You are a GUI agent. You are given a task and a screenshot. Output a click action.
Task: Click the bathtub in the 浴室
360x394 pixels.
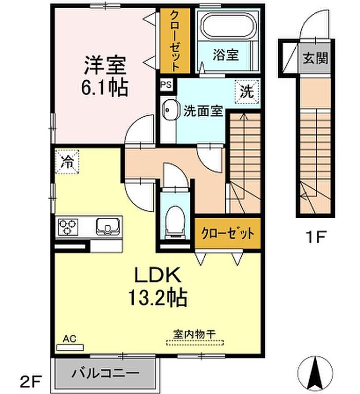pos(229,25)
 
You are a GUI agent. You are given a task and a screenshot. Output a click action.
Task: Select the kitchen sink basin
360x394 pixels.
pos(108,226)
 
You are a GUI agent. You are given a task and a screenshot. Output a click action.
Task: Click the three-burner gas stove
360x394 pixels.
pos(68,227)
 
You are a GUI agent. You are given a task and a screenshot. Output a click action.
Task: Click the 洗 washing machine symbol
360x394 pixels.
pos(247,92)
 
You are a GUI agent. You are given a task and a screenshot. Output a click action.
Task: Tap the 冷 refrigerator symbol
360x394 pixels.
pos(67,162)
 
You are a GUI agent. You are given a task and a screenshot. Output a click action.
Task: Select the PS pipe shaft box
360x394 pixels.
pos(166,84)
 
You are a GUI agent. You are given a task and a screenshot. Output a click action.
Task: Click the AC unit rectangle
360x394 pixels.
pos(70,348)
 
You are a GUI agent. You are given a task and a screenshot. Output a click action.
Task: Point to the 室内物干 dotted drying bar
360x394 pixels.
pos(195,343)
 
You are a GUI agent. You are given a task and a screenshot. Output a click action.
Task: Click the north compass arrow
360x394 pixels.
pos(315,372)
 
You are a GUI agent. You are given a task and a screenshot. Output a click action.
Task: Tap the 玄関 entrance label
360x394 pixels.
pos(315,59)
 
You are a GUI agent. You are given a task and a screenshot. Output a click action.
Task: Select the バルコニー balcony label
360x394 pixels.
pos(105,373)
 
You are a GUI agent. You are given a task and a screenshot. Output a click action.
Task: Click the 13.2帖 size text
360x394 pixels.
pos(158,297)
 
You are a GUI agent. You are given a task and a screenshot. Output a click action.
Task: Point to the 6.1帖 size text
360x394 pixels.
pos(104,87)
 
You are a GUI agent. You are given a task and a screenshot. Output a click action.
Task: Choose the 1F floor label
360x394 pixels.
pos(315,237)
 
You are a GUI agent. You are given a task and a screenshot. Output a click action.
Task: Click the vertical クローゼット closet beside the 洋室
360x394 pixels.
pos(175,41)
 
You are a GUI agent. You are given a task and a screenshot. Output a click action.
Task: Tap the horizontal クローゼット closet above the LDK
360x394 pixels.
pos(228,234)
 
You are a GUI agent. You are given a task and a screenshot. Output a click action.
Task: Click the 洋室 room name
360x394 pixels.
pos(105,65)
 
